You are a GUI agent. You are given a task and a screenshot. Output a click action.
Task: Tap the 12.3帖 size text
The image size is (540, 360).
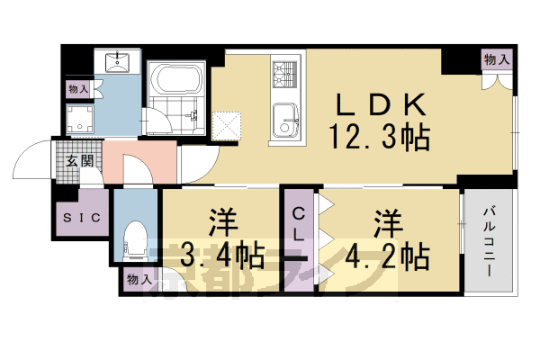click(379, 138)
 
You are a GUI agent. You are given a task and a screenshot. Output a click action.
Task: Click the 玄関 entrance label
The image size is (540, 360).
click(79, 162)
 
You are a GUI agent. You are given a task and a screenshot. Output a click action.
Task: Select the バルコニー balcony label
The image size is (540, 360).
click(490, 238)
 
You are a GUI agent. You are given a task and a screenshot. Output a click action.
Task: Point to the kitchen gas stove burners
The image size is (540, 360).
click(284, 75)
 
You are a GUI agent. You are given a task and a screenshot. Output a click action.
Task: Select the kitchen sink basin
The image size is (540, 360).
click(285, 118)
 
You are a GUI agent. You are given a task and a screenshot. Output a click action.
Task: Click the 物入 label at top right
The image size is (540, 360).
click(497, 59)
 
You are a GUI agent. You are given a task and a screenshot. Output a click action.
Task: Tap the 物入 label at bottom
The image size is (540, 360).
click(139, 280)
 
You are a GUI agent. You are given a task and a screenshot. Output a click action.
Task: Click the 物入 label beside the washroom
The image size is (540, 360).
click(78, 89)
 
